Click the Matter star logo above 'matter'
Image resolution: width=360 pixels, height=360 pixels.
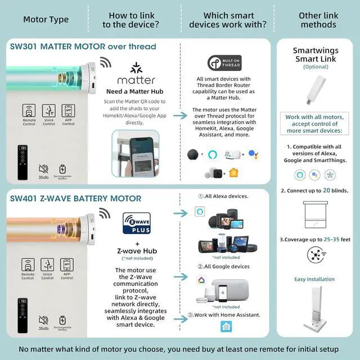pos(136,68)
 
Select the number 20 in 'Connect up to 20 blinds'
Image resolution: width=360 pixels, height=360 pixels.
pos(326,191)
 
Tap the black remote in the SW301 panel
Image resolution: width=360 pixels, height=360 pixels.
pos(22,163)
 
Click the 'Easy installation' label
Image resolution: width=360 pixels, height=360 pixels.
pos(314,279)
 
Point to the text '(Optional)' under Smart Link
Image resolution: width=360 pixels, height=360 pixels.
pos(315,67)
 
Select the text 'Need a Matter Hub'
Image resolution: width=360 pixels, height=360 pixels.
pos(136,91)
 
